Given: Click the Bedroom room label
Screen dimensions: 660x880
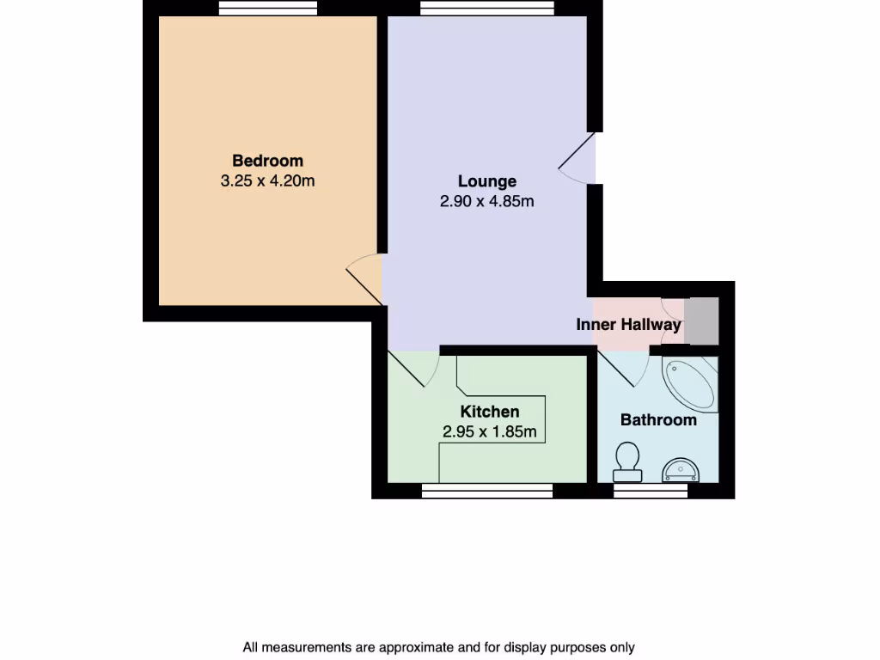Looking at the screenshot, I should coord(267,161).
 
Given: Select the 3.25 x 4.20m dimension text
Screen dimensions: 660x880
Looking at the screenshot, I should coord(267,181).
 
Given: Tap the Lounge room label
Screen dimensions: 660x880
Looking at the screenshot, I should coord(486,181).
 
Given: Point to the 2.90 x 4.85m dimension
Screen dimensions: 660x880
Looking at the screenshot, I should coord(486,202).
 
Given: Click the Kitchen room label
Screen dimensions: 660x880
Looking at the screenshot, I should coord(489,412).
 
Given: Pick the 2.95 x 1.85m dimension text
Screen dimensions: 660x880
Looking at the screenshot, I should coord(489,432).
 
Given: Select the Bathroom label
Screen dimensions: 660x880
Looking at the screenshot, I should coord(658,420).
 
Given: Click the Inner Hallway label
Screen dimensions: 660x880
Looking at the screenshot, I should coord(628,325).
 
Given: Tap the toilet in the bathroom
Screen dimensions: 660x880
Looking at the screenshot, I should coord(626,461).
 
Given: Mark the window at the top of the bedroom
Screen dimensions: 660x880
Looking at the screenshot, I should coord(268,8).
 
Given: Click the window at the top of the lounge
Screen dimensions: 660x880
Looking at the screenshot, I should coord(486,8).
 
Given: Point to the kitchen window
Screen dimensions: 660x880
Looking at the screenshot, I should coord(486,491).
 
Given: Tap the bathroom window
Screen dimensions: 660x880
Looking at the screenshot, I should coord(651,491).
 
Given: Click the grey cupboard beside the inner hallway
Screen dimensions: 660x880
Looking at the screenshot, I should coord(701,321).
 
